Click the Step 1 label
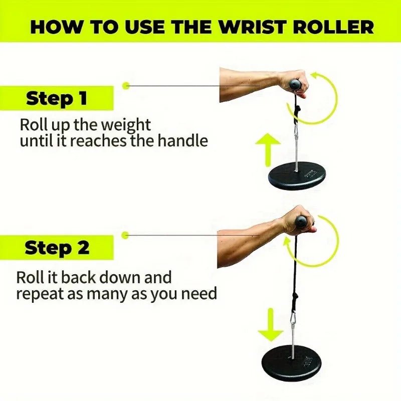(56, 98)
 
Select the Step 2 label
(57, 248)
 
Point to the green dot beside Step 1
(126, 86)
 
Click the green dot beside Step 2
(126, 235)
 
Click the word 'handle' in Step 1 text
(182, 141)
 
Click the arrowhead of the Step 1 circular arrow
(315, 77)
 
